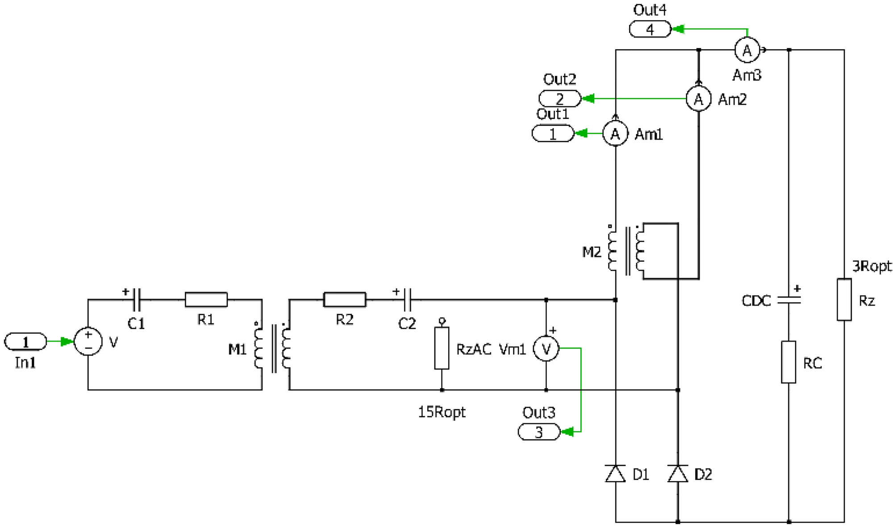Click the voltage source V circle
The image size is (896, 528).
click(88, 342)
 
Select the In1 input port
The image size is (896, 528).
click(25, 342)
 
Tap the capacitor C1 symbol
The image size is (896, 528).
click(137, 300)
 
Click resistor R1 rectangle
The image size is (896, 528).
click(206, 300)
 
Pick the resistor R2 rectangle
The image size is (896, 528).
click(344, 300)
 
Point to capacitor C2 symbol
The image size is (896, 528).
click(407, 300)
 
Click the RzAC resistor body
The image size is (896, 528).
click(442, 348)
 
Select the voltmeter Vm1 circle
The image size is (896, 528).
click(546, 349)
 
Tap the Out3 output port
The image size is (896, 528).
click(539, 432)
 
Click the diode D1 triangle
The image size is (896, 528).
click(615, 474)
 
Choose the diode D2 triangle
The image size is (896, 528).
click(678, 474)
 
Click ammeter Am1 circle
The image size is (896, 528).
click(615, 134)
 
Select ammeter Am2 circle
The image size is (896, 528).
click(698, 99)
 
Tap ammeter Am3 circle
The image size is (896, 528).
click(747, 50)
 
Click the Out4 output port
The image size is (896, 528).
click(650, 29)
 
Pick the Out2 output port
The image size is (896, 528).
click(560, 99)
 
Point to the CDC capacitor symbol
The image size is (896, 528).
click(788, 300)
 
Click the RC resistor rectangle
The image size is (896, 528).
click(788, 362)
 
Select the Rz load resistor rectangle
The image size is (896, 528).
click(844, 299)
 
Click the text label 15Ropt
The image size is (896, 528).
click(442, 412)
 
